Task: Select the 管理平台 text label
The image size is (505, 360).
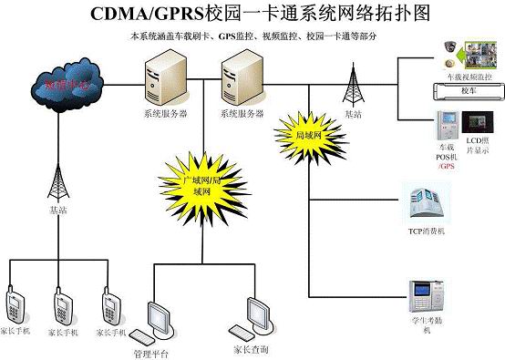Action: (150, 352)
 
